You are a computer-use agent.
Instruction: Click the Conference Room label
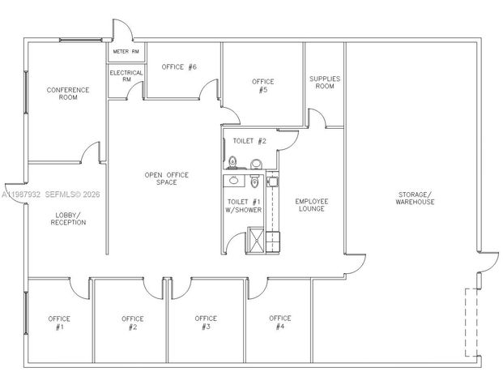pyautogui.click(x=68, y=93)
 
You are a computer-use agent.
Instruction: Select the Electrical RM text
pyautogui.click(x=126, y=76)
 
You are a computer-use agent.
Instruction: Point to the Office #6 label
pyautogui.click(x=179, y=67)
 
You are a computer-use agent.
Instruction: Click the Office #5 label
pyautogui.click(x=262, y=86)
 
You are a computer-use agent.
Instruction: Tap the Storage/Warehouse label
pyautogui.click(x=415, y=197)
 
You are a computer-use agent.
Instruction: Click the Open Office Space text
pyautogui.click(x=160, y=178)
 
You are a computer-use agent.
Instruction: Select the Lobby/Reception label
pyautogui.click(x=68, y=218)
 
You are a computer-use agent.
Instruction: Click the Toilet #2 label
pyautogui.click(x=249, y=141)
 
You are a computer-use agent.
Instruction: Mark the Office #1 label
pyautogui.click(x=59, y=323)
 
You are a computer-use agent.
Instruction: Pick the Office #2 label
pyautogui.click(x=133, y=323)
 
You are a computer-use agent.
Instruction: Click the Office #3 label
pyautogui.click(x=206, y=323)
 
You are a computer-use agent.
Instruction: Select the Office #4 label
pyautogui.click(x=279, y=323)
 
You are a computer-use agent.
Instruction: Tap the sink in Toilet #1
pyautogui.click(x=234, y=182)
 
